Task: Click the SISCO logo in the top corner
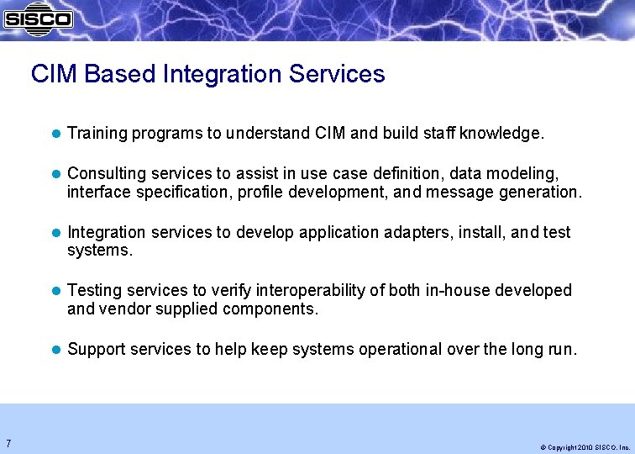(38, 17)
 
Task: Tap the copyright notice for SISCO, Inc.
(585, 447)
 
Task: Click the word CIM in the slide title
(55, 74)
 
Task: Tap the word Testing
(93, 290)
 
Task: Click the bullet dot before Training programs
(55, 133)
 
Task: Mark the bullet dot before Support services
(55, 349)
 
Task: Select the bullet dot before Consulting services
(55, 173)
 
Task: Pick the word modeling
(527, 173)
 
